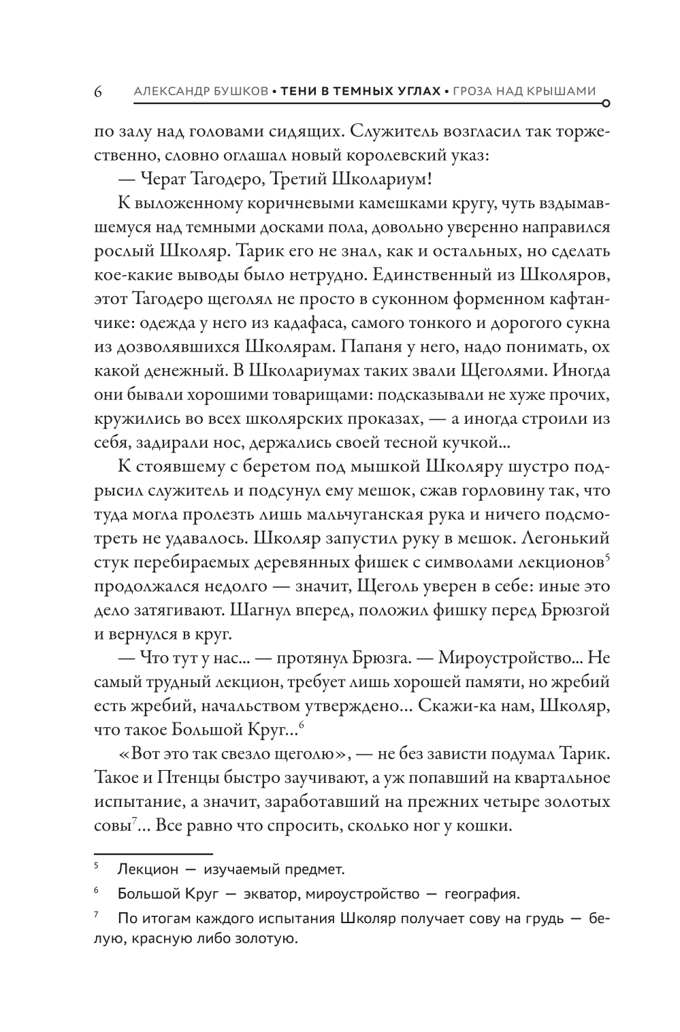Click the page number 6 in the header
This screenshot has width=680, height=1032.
click(97, 91)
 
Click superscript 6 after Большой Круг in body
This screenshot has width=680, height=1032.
click(301, 725)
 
